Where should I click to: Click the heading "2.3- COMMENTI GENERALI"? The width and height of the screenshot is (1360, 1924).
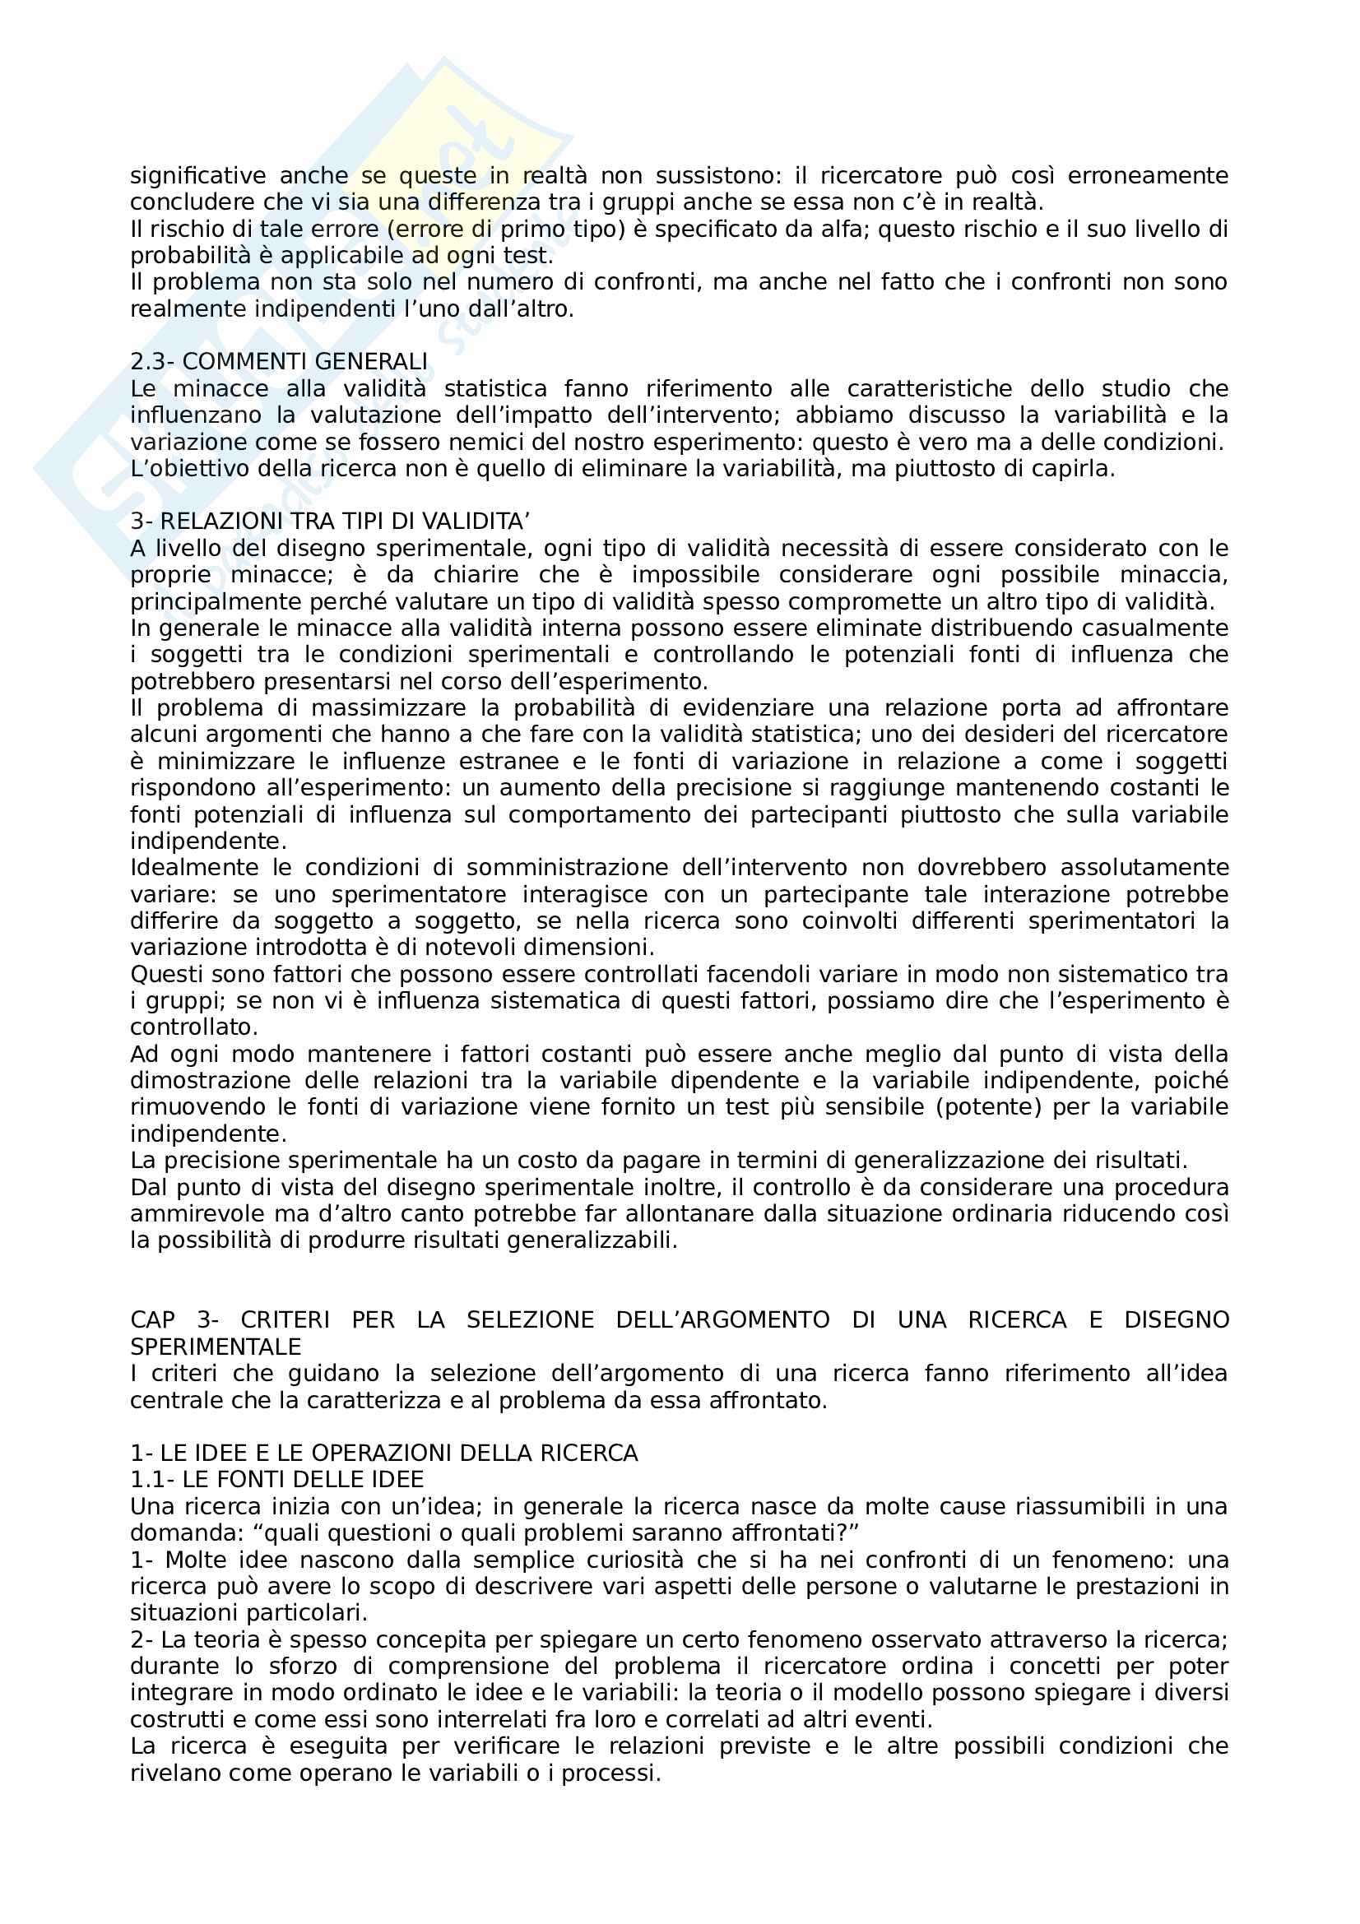point(278,361)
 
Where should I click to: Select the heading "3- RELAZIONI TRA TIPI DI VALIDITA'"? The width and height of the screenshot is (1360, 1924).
point(329,522)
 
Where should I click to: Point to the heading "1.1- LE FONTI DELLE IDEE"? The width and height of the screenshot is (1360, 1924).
point(276,1479)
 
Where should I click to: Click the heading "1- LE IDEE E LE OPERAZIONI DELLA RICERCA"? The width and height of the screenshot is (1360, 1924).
point(383,1452)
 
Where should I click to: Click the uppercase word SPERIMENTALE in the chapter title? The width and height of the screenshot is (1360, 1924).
point(216,1347)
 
